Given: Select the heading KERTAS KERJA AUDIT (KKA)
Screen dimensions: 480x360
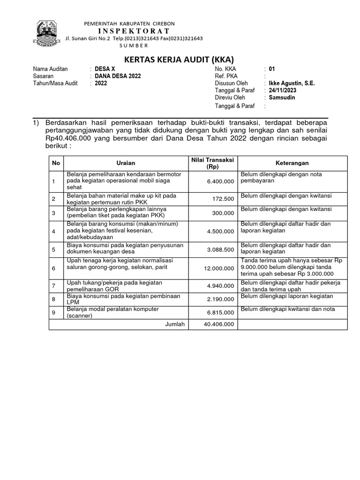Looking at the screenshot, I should [x=178, y=60].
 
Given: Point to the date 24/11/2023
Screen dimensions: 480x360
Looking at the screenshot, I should [x=282, y=90].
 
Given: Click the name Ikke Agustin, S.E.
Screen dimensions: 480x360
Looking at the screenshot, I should [x=292, y=83].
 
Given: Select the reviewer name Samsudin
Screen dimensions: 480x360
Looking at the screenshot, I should [x=282, y=97].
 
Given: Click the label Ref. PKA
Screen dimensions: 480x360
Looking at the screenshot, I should [x=225, y=76].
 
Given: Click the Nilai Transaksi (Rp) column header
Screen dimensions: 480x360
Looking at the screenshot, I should [x=212, y=163].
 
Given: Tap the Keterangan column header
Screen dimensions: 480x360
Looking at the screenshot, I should [x=292, y=163].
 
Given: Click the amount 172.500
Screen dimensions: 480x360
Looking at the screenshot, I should [x=223, y=199].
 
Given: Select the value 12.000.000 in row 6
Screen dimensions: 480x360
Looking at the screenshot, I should [x=218, y=268].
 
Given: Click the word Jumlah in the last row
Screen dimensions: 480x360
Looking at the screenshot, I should [x=175, y=324].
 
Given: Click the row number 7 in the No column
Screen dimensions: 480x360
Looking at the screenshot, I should [x=53, y=285].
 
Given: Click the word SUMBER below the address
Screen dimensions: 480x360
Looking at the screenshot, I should [x=133, y=45].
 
